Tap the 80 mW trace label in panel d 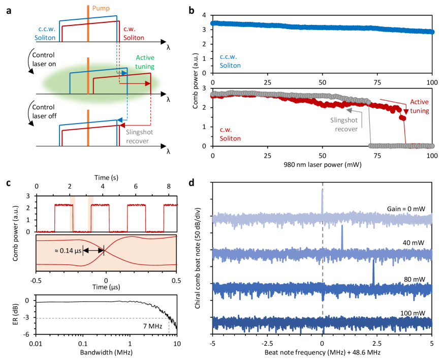click(419, 278)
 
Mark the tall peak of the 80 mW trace click(374, 273)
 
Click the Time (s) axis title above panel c click(106, 177)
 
